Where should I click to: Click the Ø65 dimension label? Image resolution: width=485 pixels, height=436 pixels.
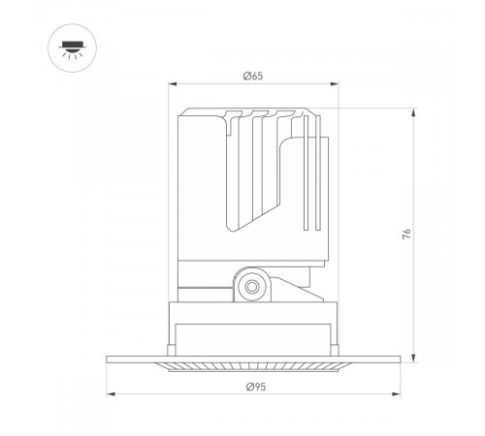(253, 76)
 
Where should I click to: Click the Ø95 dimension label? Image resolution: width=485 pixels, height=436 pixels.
(256, 387)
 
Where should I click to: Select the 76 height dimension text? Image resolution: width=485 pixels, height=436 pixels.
(406, 234)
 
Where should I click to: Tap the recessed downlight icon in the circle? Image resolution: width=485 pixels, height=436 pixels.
(73, 49)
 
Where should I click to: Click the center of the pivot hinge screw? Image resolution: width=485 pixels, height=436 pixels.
(252, 287)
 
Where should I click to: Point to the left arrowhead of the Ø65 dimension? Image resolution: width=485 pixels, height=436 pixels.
(173, 84)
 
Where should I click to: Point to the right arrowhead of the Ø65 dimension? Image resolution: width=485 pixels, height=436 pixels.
(334, 84)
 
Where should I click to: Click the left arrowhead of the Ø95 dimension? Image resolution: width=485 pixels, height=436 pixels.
(111, 394)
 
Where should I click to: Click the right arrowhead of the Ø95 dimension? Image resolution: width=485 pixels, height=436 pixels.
(396, 394)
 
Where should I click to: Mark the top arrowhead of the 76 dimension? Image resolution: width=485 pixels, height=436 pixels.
(413, 113)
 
